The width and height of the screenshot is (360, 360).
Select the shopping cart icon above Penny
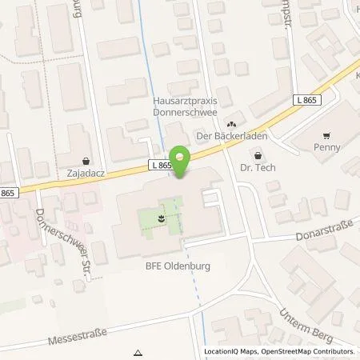coord(326,136)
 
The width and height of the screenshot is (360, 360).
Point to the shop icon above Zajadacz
coord(86,160)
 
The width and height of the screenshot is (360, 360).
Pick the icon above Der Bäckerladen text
coord(231,124)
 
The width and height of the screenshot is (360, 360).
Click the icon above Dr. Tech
coord(258,157)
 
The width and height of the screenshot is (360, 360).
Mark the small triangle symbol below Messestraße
coord(138,353)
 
